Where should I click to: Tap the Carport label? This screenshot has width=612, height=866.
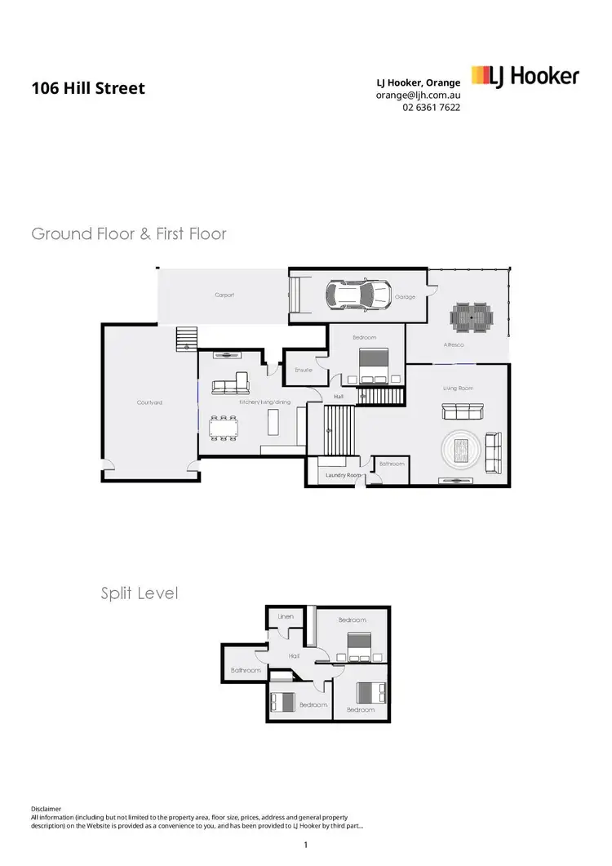[224, 295]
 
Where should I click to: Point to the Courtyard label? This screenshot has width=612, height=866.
[149, 402]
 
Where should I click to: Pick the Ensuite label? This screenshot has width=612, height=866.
[304, 370]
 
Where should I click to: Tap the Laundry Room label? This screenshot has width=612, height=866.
[343, 474]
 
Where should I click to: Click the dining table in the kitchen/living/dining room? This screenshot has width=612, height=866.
[223, 426]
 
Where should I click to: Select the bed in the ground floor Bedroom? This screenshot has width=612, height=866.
[372, 364]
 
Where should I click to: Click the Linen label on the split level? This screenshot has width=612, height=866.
[286, 616]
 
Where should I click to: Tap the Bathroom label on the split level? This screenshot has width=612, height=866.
[246, 670]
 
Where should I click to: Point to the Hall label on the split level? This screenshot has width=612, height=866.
[295, 655]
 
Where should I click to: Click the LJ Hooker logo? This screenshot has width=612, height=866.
[526, 78]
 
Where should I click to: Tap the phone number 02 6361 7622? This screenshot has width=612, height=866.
[431, 107]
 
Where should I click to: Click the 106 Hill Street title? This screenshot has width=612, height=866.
[88, 87]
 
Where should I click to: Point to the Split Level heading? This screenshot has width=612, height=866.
[139, 593]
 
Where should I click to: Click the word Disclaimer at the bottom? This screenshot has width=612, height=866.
[46, 808]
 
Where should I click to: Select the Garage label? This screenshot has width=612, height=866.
[406, 297]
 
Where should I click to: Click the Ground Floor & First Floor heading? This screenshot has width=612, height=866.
[129, 234]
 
